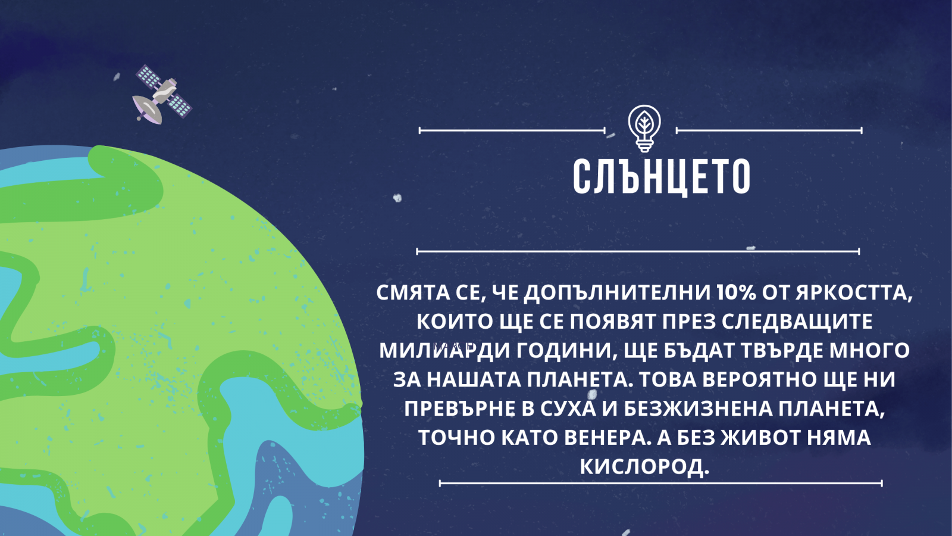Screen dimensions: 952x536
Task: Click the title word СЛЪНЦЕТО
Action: coord(661,176)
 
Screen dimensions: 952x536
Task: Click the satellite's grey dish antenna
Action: coord(148,109)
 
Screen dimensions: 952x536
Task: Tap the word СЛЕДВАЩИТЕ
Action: coord(797,322)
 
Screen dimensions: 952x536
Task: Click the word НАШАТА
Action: coord(474,380)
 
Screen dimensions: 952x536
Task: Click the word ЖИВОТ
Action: coord(759,438)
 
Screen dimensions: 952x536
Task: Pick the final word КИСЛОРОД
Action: coord(644,467)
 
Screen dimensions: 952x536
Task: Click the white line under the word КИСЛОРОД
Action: coord(660,483)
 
